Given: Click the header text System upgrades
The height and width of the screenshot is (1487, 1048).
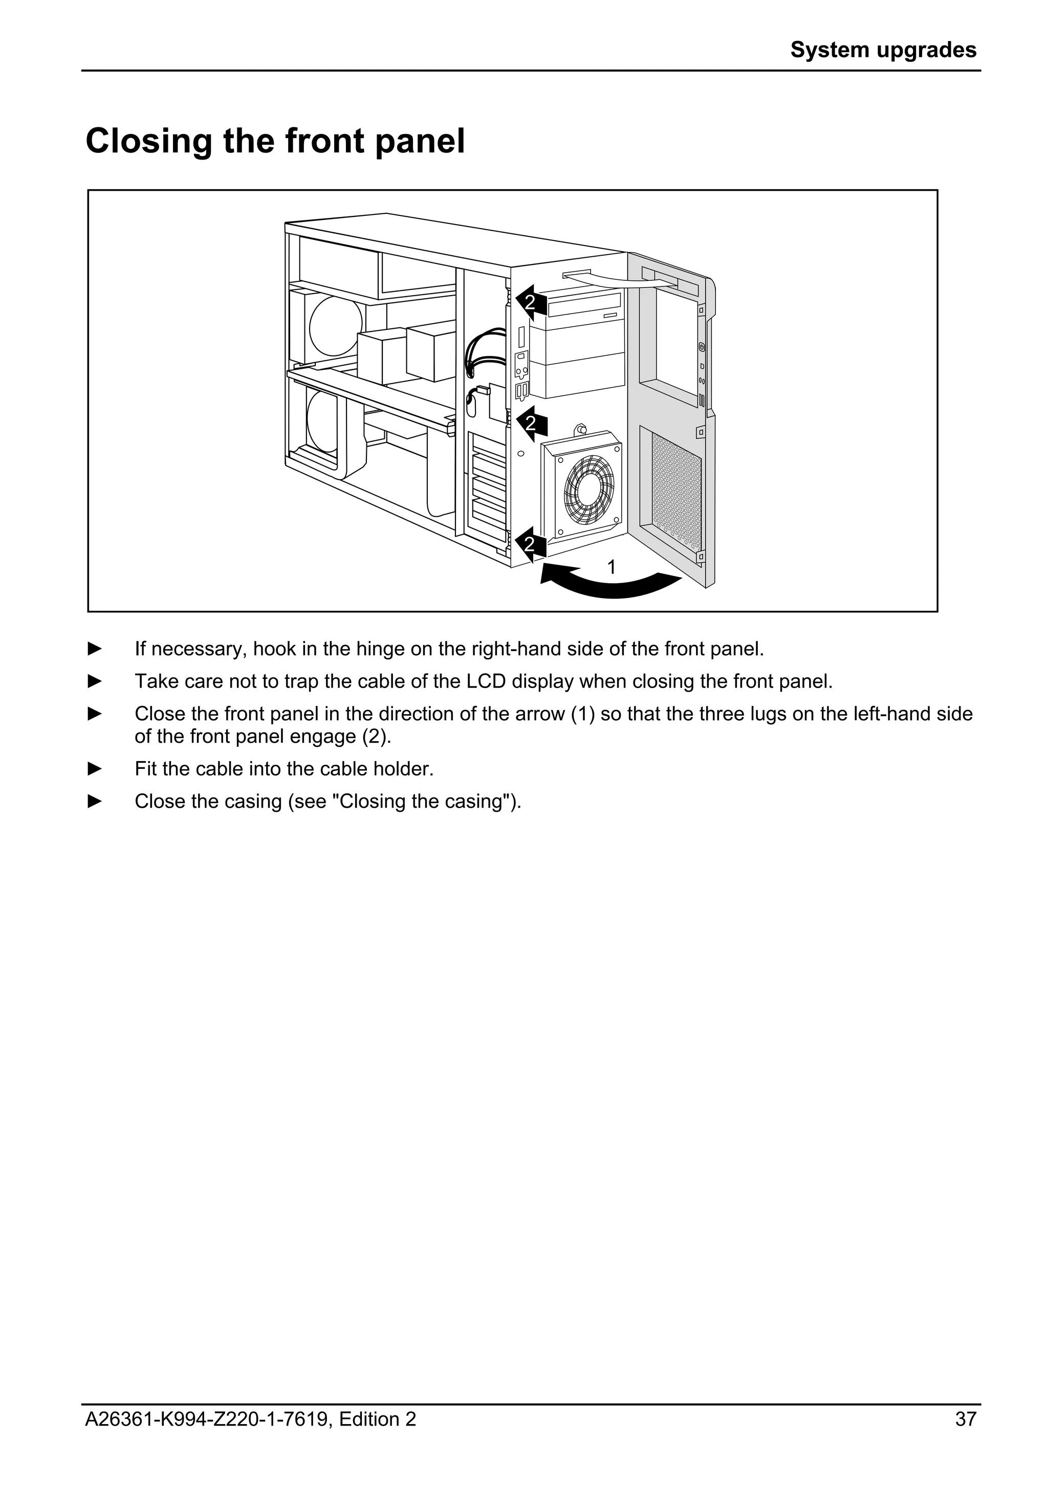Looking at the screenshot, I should (883, 50).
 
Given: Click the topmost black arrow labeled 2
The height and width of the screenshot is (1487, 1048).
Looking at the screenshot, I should (532, 302).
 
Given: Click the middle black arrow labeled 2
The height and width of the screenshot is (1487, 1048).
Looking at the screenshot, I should (532, 424).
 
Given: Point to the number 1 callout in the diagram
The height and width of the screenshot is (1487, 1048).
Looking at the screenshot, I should (612, 567).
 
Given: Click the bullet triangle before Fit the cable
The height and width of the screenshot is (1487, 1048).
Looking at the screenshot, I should (95, 769).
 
